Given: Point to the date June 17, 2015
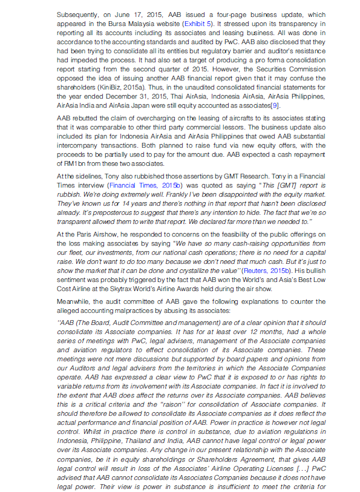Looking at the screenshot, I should [x=113, y=13].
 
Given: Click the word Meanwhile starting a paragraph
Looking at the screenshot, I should [x=73, y=301].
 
